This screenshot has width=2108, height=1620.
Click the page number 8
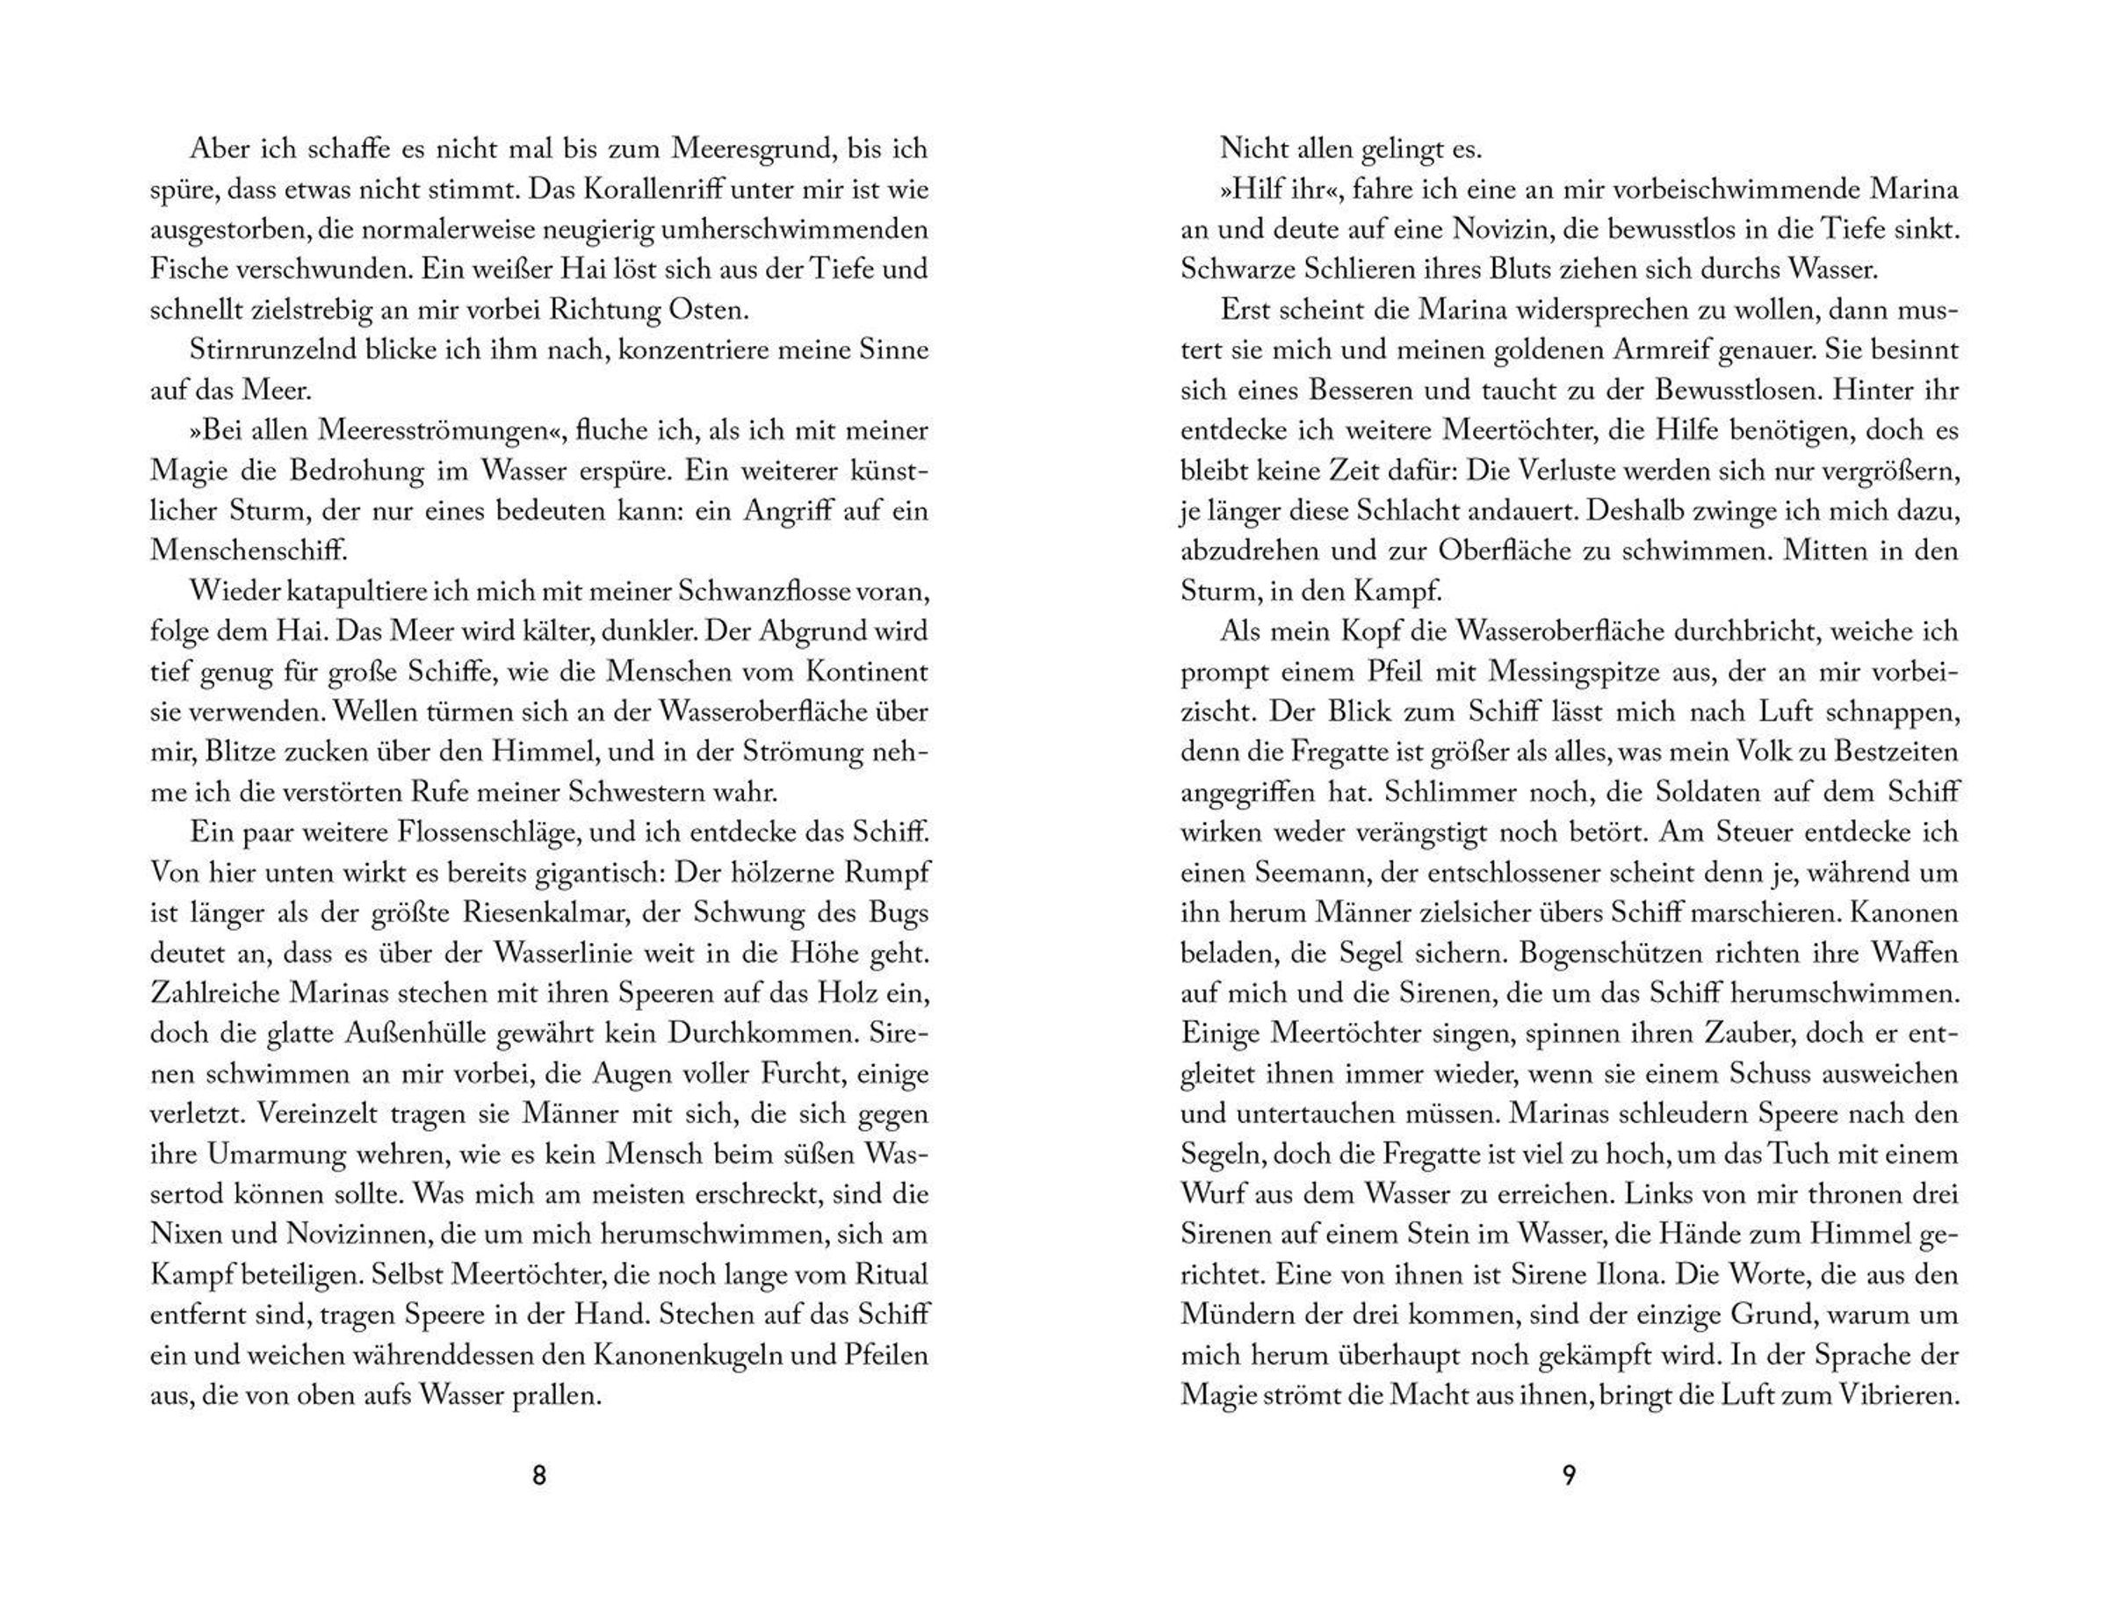click(539, 1475)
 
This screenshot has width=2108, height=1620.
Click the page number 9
click(1568, 1475)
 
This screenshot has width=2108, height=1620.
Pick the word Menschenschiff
click(248, 551)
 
